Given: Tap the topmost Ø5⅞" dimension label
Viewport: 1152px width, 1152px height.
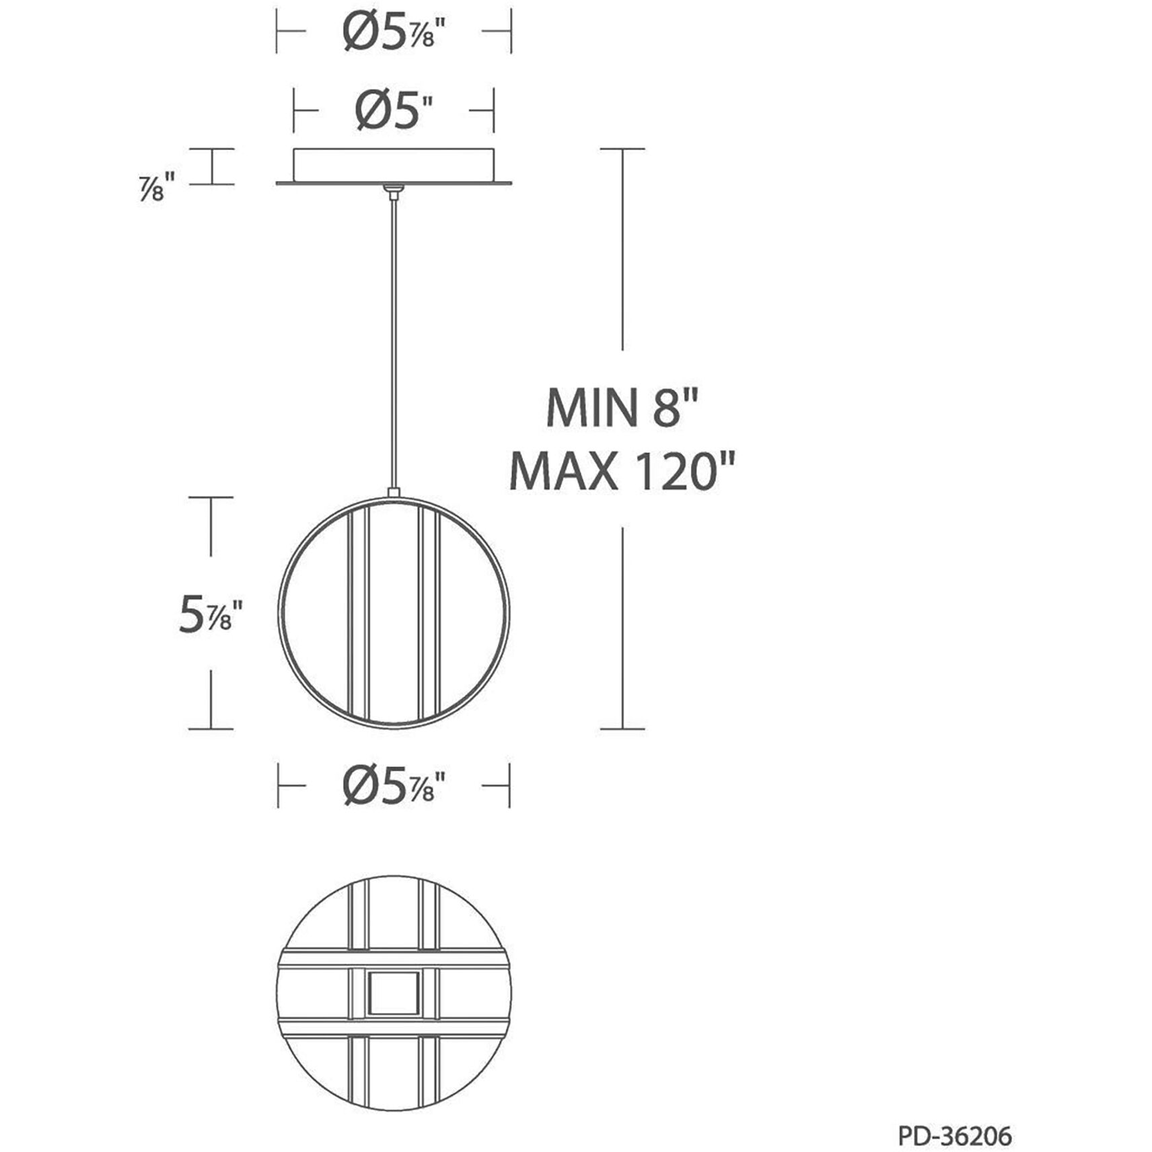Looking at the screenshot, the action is coord(394,32).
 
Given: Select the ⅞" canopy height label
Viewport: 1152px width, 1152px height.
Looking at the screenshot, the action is coord(157,186).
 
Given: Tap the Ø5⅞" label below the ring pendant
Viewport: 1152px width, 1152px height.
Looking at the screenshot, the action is coord(394,785).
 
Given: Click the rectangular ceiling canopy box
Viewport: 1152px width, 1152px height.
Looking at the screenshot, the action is coord(394,165).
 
